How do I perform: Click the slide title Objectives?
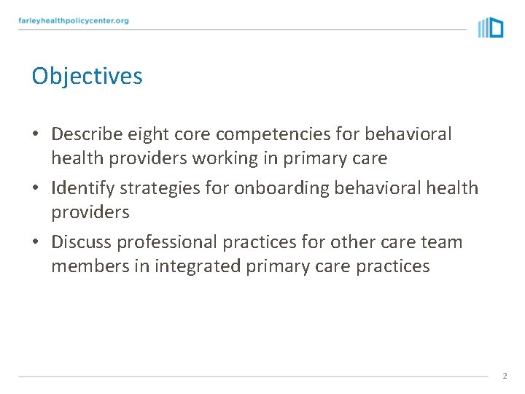click(x=87, y=77)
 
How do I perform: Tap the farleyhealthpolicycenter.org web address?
click(x=74, y=21)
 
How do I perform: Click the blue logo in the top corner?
click(x=491, y=28)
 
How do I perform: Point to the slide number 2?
click(x=504, y=376)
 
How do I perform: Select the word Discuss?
click(x=82, y=242)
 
